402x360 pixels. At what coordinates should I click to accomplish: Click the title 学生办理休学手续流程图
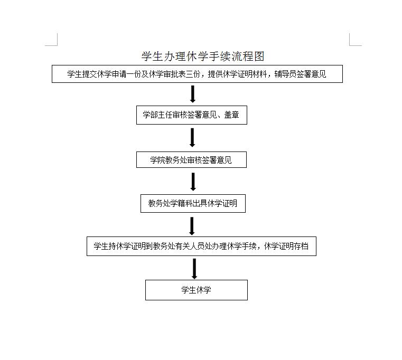[203, 56]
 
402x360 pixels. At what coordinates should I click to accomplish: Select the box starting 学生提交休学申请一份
[197, 74]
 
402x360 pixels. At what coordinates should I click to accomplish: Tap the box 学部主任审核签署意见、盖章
[192, 115]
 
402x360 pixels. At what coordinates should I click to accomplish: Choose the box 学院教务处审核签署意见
[191, 160]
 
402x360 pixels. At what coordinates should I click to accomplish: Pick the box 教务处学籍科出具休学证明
[193, 203]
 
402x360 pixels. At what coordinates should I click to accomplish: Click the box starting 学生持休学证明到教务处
[201, 246]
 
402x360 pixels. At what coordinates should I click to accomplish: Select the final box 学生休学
[197, 290]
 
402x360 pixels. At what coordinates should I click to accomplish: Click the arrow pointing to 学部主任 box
[193, 94]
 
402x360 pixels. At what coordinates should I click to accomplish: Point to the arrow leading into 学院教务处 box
[192, 138]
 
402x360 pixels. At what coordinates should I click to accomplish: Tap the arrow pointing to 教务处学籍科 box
[193, 182]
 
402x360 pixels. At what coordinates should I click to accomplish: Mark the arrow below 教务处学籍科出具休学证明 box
[192, 226]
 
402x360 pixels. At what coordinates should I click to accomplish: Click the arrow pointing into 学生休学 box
[194, 269]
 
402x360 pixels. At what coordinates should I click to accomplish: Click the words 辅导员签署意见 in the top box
[300, 74]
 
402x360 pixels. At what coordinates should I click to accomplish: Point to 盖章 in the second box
[231, 115]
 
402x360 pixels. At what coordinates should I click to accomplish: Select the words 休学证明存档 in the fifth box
[286, 246]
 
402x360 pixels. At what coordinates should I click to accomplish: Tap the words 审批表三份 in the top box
[182, 74]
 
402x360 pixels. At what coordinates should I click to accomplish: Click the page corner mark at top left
[57, 45]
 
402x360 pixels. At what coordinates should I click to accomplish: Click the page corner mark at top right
[350, 45]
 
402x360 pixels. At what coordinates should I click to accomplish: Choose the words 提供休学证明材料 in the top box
[237, 74]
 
